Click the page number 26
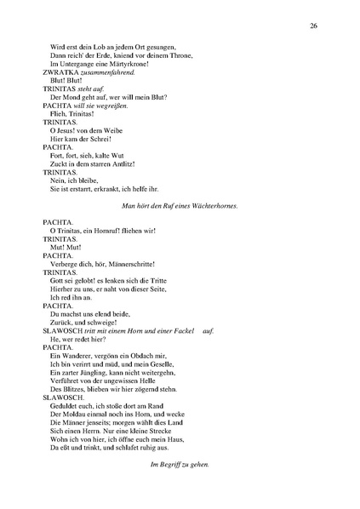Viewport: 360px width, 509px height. point(314,26)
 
